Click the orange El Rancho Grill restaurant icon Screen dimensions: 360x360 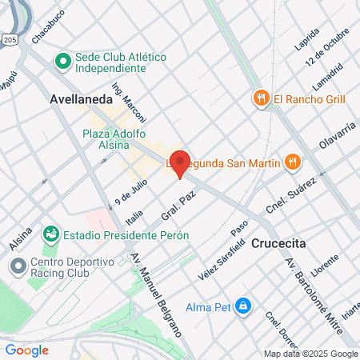[x=260, y=98]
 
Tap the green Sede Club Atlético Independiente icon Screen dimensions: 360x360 [x=62, y=61]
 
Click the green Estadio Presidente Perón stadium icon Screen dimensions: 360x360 [x=51, y=234]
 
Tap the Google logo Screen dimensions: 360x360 [x=26, y=350]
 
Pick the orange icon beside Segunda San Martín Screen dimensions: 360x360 [x=293, y=162]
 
